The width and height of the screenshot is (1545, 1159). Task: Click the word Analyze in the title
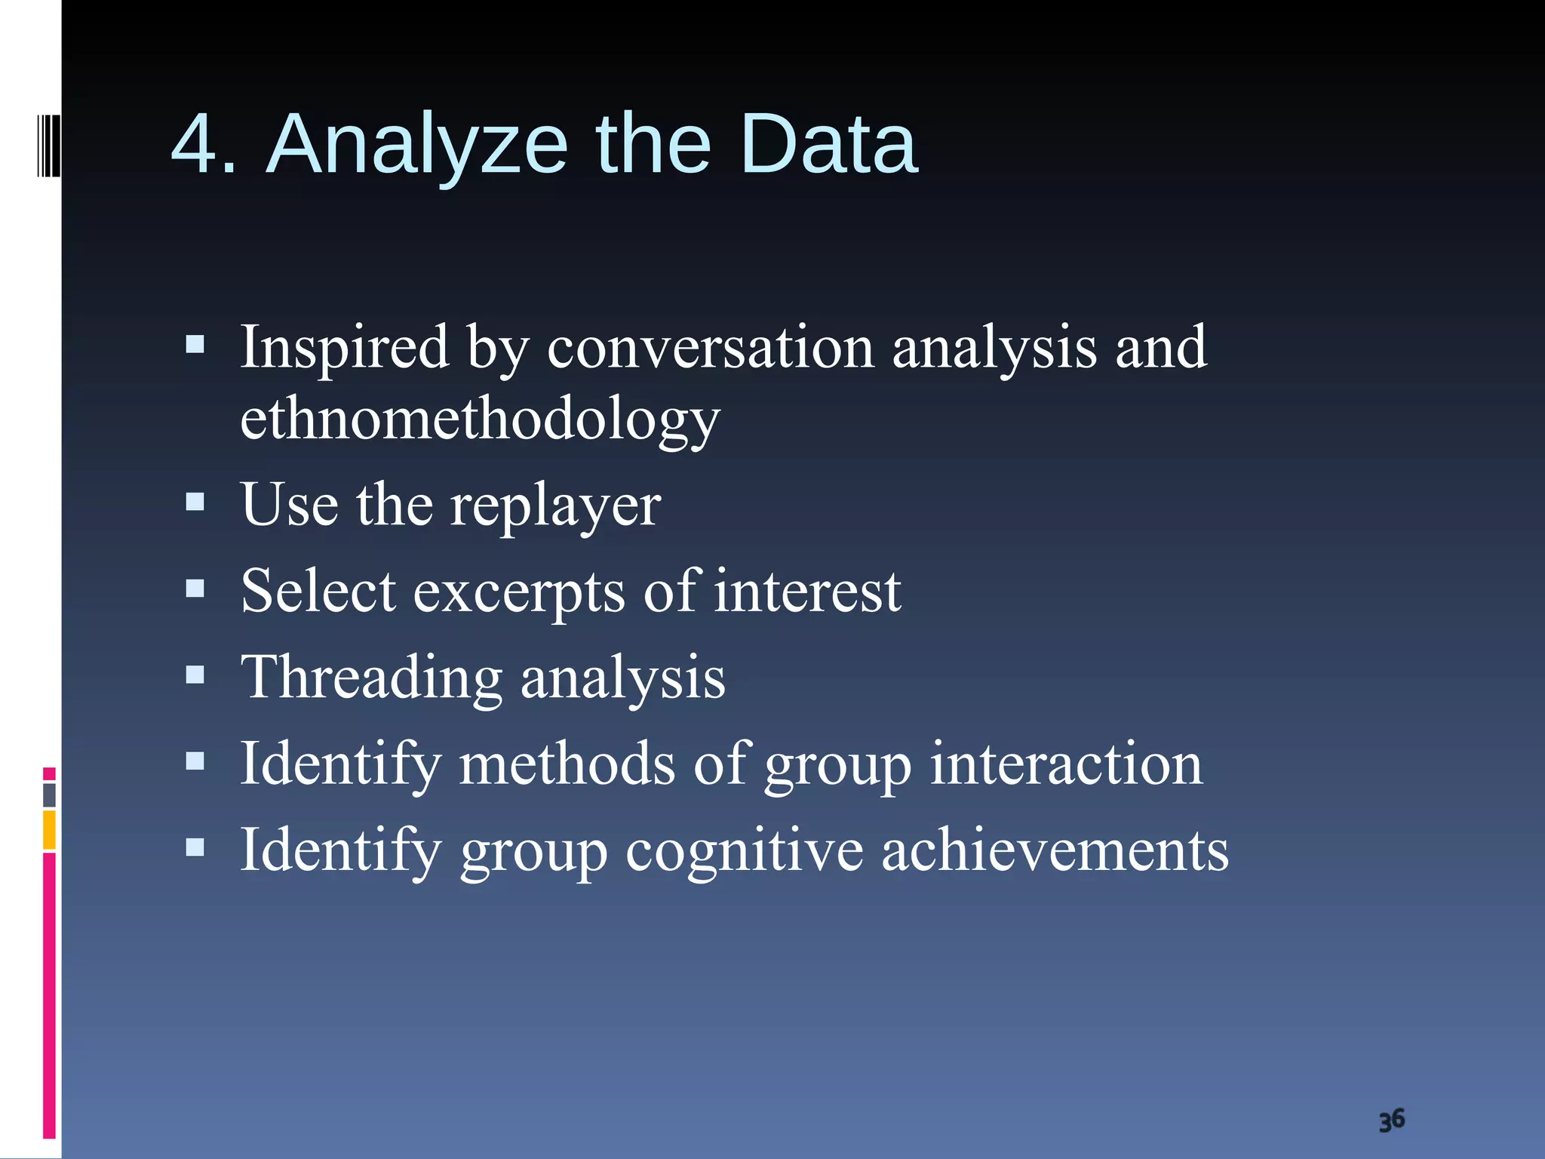[x=417, y=145]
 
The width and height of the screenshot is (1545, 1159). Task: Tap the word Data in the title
[x=828, y=145]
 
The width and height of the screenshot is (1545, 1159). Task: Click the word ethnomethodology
[x=480, y=420]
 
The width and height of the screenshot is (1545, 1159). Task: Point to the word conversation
[x=710, y=348]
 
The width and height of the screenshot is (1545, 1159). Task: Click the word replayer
[x=555, y=505]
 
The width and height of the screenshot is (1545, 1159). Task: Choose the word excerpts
[x=519, y=591]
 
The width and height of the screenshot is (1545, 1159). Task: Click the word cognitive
[x=744, y=850]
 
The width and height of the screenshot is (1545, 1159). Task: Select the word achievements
[x=1055, y=850]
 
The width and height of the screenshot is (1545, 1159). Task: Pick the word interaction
[x=1066, y=764]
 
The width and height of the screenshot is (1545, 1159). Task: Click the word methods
[x=567, y=764]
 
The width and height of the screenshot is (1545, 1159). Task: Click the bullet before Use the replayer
[x=195, y=502]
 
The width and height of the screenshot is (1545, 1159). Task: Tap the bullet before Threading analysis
[x=195, y=674]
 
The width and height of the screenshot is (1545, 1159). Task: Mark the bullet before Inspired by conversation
[x=195, y=345]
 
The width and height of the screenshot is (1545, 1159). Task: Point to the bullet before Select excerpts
[x=195, y=588]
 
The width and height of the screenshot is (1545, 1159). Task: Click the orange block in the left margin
[x=49, y=829]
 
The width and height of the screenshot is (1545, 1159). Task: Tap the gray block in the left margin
[x=49, y=795]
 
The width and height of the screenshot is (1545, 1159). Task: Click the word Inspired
[x=345, y=348]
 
